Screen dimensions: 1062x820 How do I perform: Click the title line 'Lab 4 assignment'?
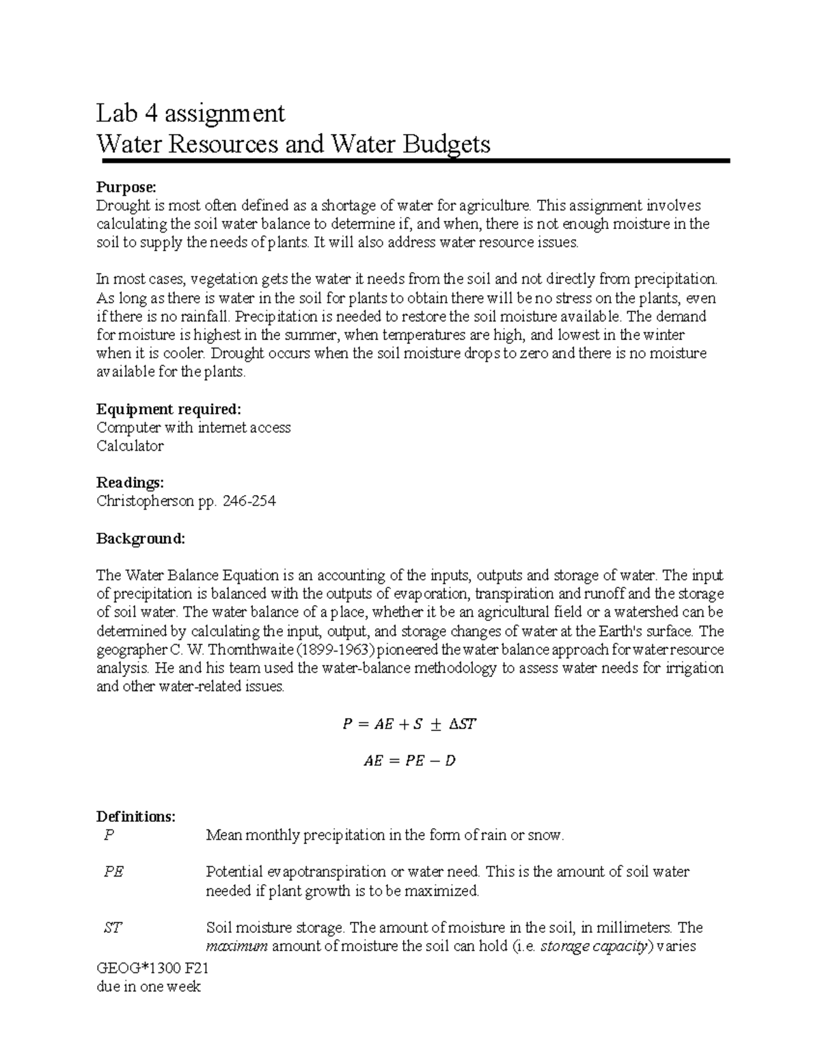191,112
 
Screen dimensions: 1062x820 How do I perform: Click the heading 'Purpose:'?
126,187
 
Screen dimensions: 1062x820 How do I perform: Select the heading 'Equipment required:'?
169,409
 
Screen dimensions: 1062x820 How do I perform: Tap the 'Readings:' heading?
131,483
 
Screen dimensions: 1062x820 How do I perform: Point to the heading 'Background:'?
141,538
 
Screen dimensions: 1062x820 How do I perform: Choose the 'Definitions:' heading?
136,817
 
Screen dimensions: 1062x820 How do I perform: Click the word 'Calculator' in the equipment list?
130,446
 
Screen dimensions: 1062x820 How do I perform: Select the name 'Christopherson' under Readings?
146,501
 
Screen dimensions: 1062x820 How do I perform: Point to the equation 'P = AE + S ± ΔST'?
409,724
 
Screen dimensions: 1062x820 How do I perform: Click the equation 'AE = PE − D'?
409,760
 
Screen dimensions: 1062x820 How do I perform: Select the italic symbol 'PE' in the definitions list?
113,872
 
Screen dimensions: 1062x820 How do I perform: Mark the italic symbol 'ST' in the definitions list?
113,928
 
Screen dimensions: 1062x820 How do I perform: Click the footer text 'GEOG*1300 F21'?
152,968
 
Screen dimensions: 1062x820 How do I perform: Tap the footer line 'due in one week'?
148,987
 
